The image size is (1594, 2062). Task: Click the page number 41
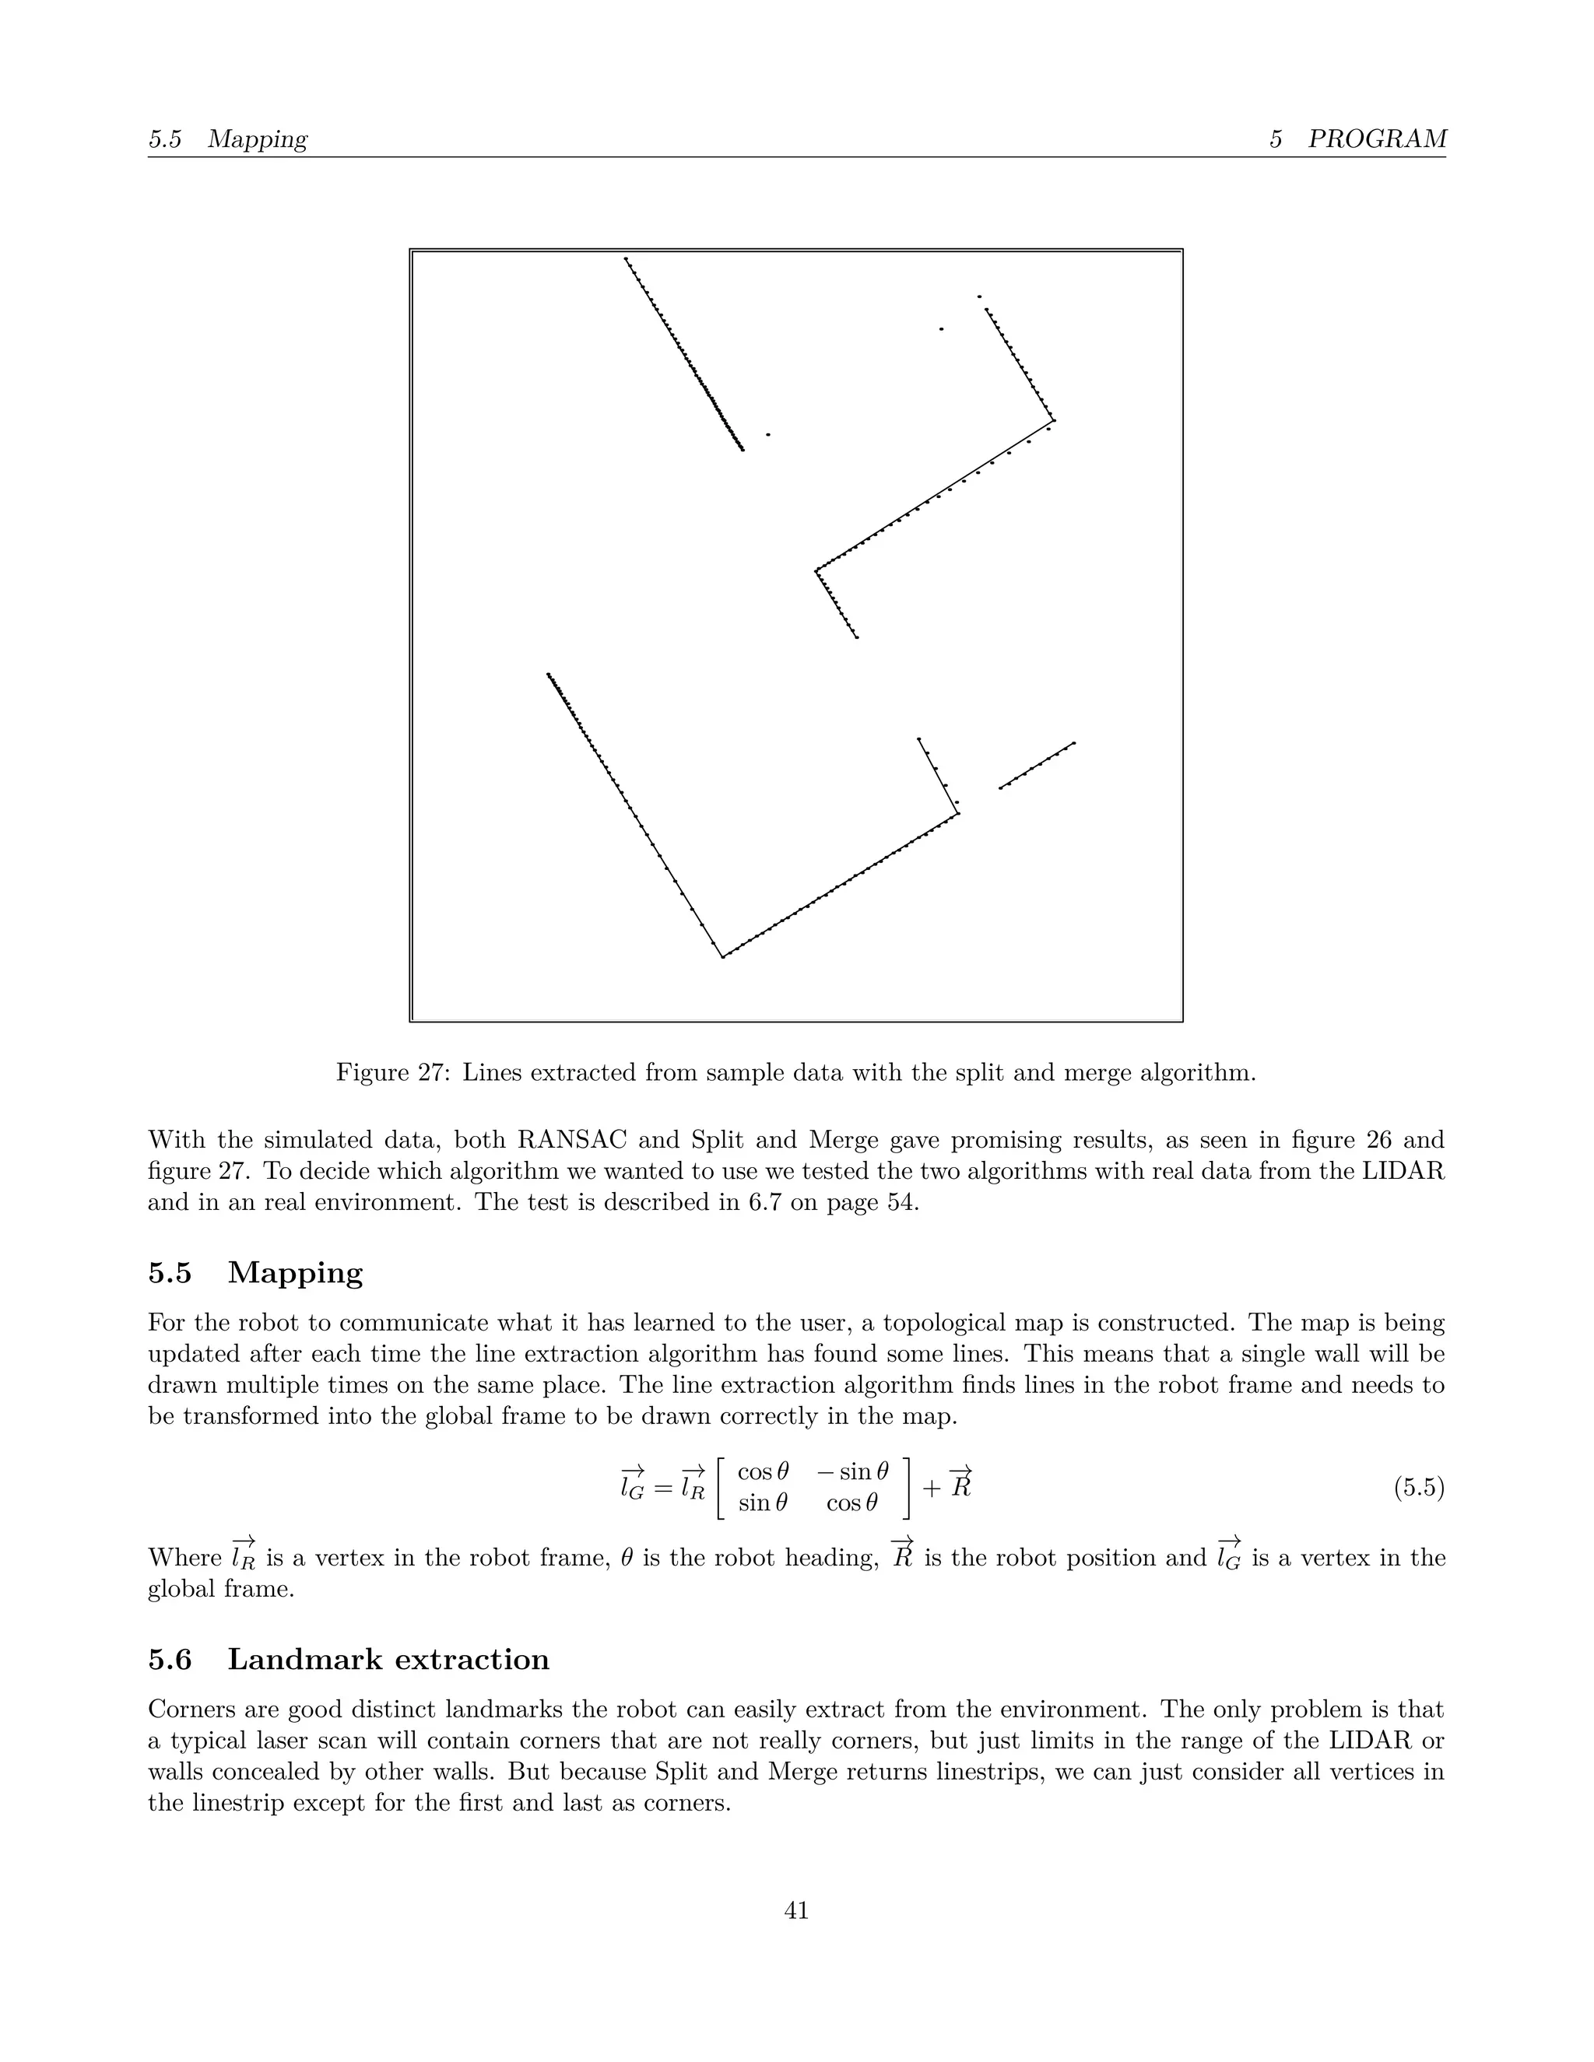click(796, 1910)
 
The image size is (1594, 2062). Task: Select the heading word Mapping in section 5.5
click(295, 1273)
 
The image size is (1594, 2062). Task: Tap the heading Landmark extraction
click(388, 1659)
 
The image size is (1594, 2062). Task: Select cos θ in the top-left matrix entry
click(763, 1472)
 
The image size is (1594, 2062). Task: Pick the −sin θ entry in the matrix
click(854, 1472)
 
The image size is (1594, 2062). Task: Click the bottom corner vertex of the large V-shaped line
click(723, 957)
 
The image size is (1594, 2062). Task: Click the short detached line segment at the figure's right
click(1037, 766)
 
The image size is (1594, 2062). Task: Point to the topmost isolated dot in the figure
click(979, 296)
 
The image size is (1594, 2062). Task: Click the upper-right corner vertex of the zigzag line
click(1054, 421)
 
